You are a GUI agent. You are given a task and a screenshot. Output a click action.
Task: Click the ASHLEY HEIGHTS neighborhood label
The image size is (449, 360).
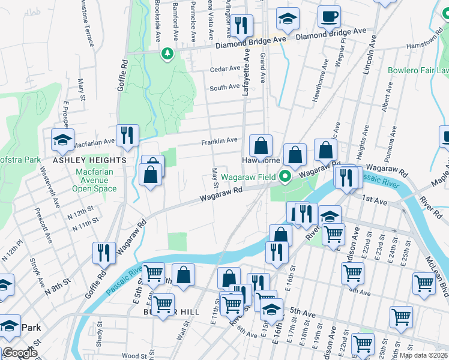[x=90, y=160]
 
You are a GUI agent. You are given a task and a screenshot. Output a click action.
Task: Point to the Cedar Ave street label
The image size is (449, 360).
[x=225, y=69]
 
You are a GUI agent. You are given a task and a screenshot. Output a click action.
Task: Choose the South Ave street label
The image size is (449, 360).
[x=224, y=88]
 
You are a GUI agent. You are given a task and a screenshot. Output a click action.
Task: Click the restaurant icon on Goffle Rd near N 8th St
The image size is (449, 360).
[x=104, y=254]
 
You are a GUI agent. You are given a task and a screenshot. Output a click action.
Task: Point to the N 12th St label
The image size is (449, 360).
[x=82, y=214]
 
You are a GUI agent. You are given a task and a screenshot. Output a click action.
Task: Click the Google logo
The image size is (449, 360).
[x=20, y=353]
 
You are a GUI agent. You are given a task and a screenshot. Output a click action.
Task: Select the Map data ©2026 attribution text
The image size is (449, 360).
[x=423, y=355]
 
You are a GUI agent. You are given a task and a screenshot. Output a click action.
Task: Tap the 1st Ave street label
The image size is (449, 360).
[x=378, y=202]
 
